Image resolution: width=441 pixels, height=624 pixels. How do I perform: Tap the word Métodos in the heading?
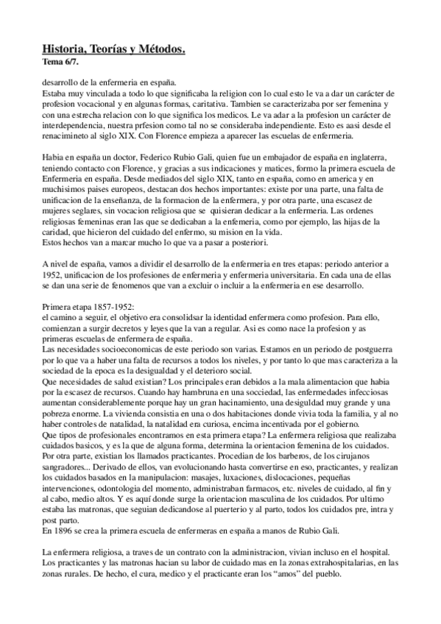tap(160, 49)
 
